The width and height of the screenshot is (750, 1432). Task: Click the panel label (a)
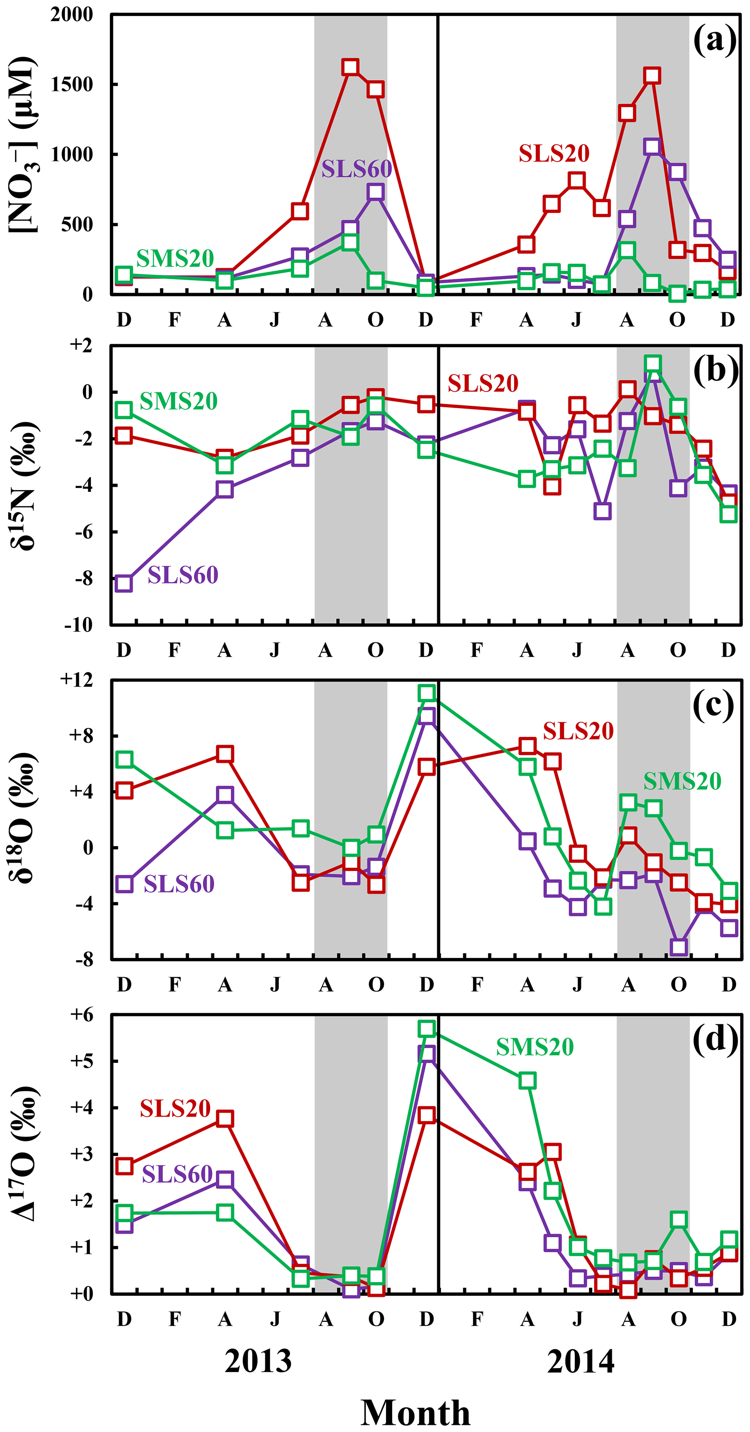tap(714, 41)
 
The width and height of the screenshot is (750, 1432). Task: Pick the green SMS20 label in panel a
tap(175, 259)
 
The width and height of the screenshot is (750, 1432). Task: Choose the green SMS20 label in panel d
tap(534, 1047)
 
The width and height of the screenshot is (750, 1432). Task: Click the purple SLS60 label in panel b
tap(183, 575)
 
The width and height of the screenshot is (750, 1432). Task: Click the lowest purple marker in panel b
tap(124, 583)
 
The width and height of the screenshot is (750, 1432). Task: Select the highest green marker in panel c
tap(426, 693)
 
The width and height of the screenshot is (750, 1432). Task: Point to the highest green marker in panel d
tap(426, 1028)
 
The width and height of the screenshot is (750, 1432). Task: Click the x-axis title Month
tap(415, 1412)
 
